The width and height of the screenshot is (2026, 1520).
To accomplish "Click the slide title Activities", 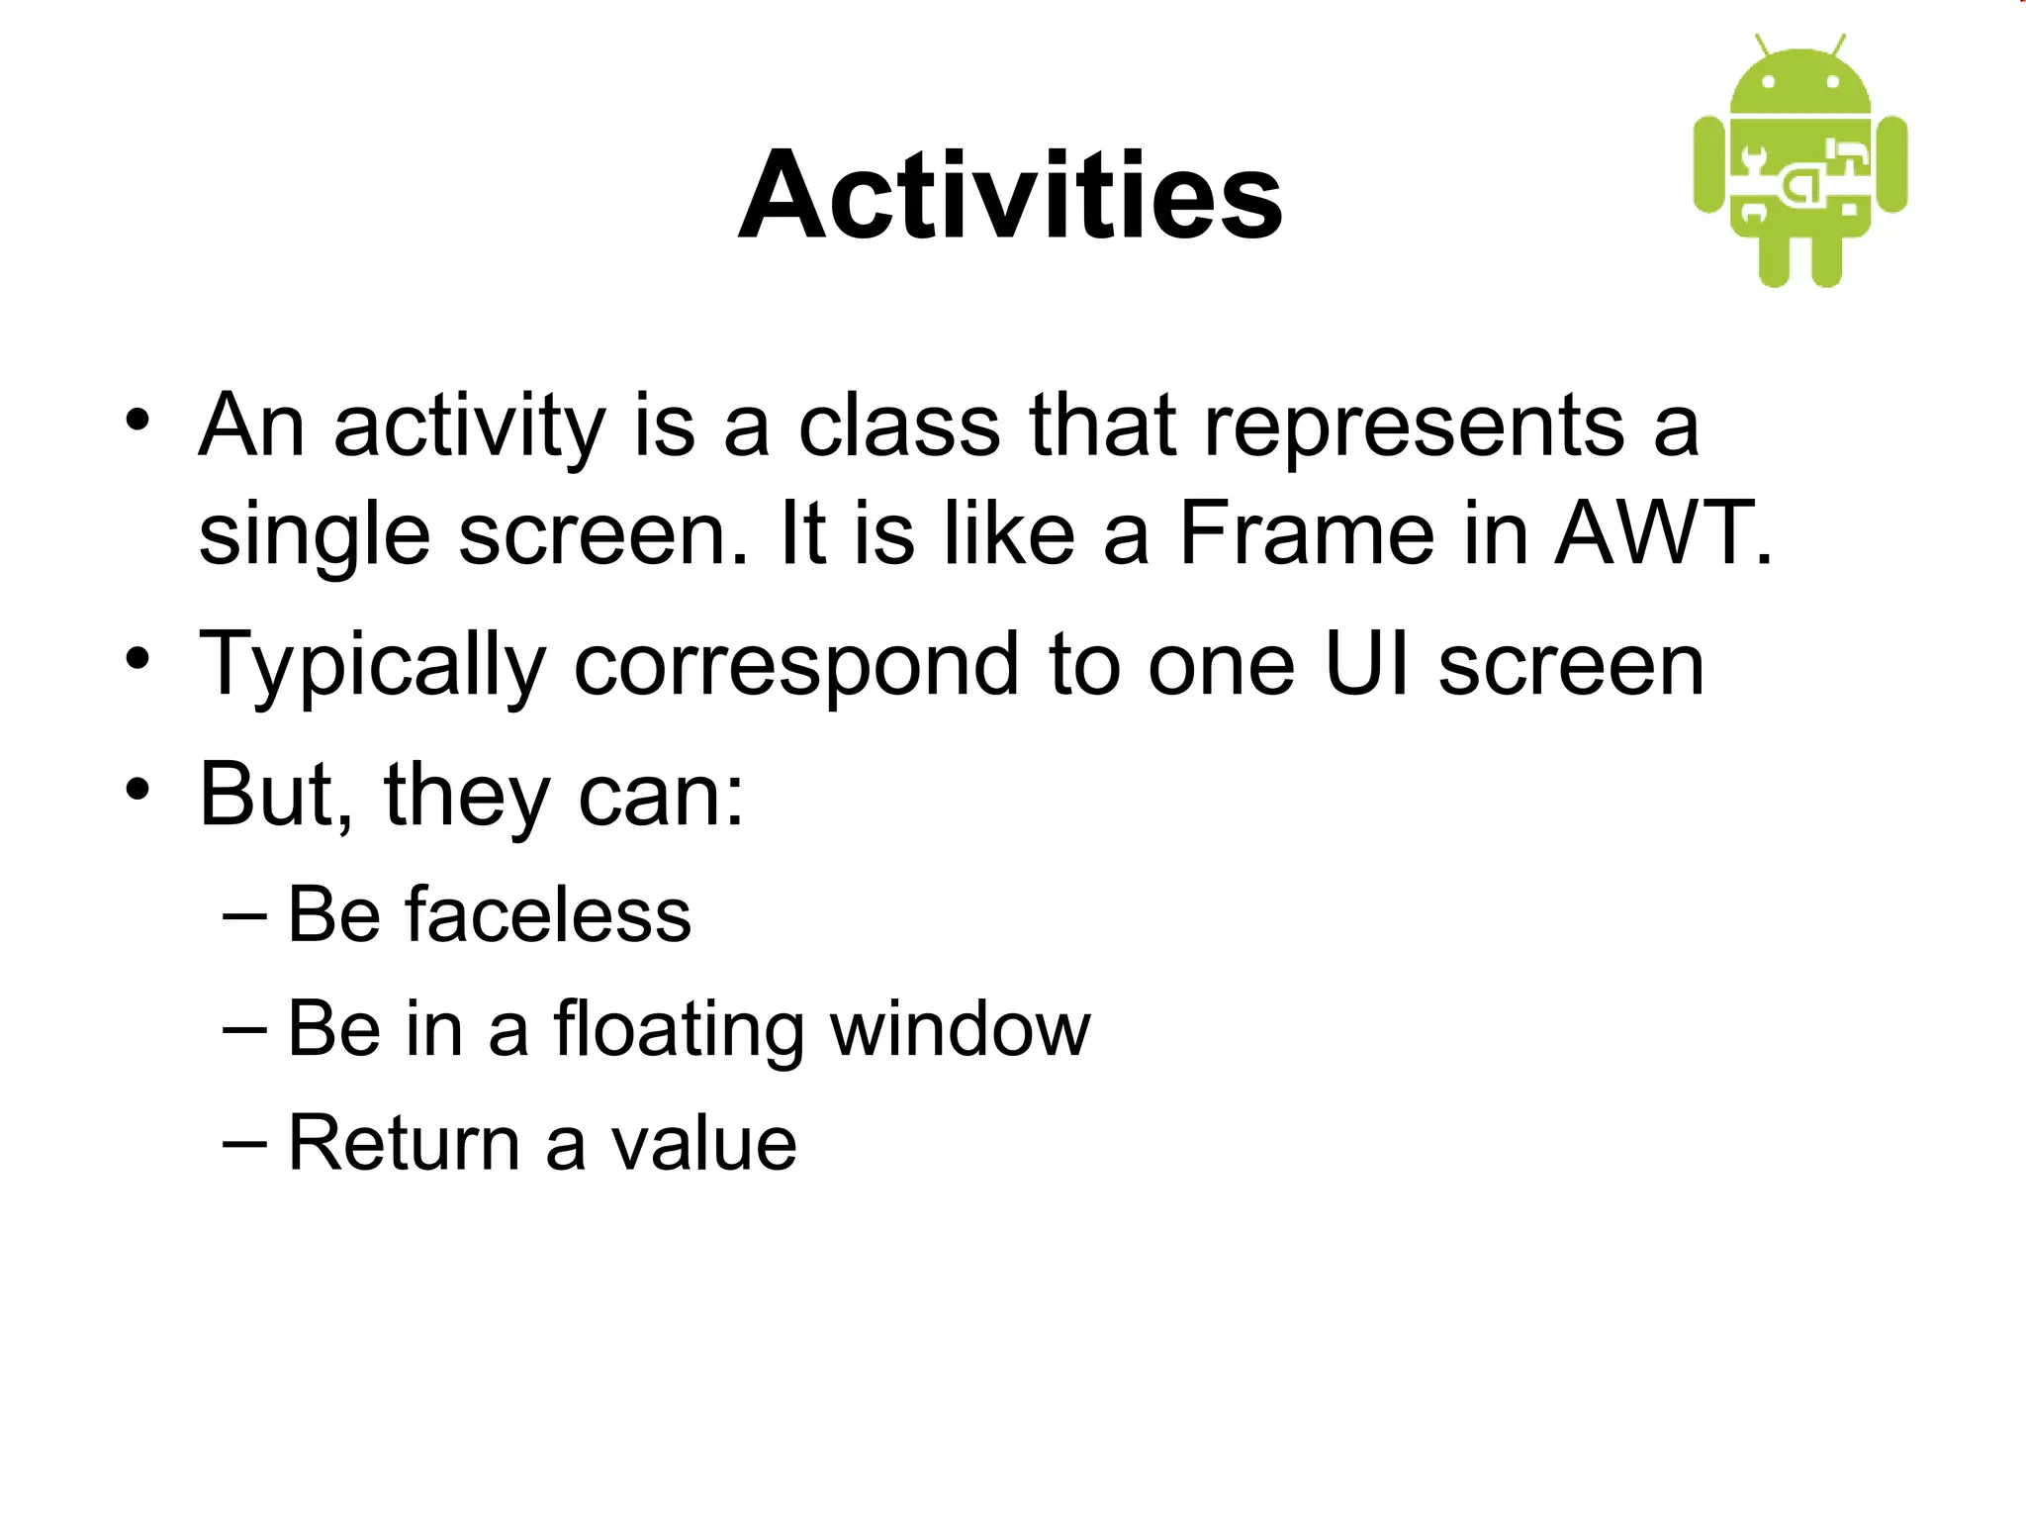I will click(x=1010, y=195).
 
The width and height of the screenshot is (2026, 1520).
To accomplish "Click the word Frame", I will click(x=1306, y=534).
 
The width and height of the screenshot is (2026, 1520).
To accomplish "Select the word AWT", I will click(x=1662, y=534).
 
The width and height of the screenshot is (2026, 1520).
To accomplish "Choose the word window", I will click(x=960, y=1029).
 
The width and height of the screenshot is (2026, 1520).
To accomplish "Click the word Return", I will click(x=404, y=1144).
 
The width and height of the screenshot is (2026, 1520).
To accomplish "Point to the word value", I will click(x=703, y=1144).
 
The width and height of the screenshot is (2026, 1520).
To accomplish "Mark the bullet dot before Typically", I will click(x=138, y=658).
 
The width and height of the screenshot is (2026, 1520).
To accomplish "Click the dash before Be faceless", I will click(x=244, y=914).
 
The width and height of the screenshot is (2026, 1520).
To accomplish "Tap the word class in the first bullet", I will click(x=899, y=427).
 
